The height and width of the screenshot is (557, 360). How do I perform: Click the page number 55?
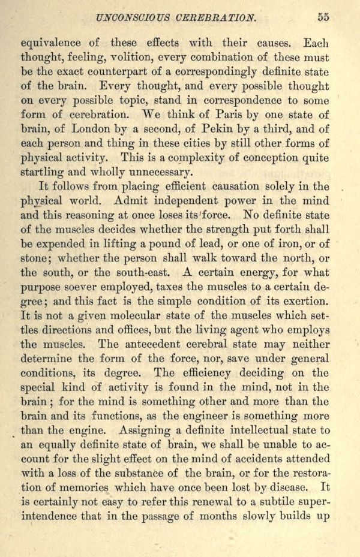tap(323, 17)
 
